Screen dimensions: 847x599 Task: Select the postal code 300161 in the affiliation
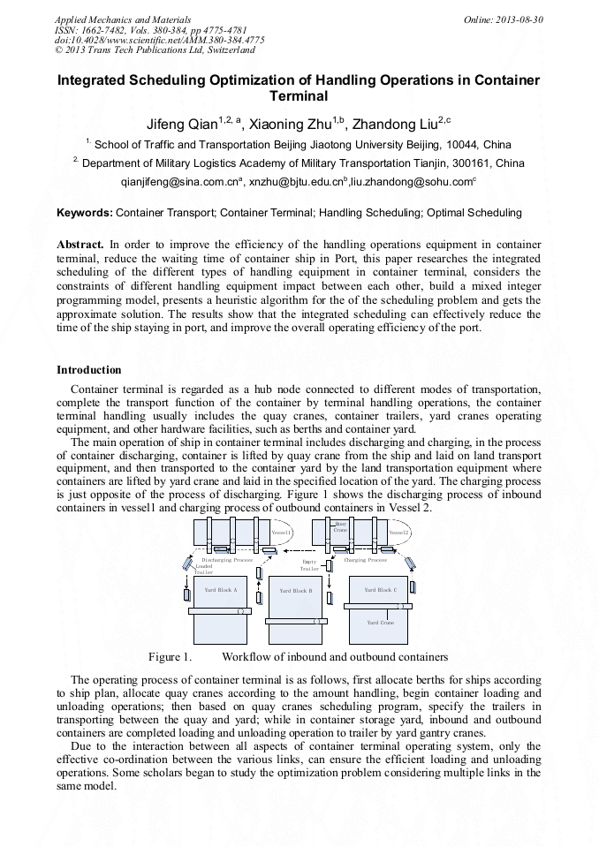click(x=432, y=163)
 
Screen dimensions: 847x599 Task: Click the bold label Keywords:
click(x=85, y=213)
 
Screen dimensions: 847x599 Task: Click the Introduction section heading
click(x=89, y=369)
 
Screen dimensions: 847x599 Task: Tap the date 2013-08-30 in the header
click(x=520, y=19)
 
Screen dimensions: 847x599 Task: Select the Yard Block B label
click(x=296, y=591)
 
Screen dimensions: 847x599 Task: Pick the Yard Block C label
click(x=380, y=589)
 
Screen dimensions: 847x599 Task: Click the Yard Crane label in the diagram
click(x=381, y=623)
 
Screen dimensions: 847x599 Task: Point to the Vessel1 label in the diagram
click(x=281, y=533)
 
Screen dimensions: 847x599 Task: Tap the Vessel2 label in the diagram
click(x=399, y=533)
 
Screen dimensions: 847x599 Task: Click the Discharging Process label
click(x=227, y=560)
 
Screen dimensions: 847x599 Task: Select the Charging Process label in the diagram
click(x=365, y=560)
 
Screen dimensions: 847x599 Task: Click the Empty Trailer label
click(x=309, y=565)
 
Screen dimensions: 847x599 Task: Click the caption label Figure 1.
click(x=170, y=657)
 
